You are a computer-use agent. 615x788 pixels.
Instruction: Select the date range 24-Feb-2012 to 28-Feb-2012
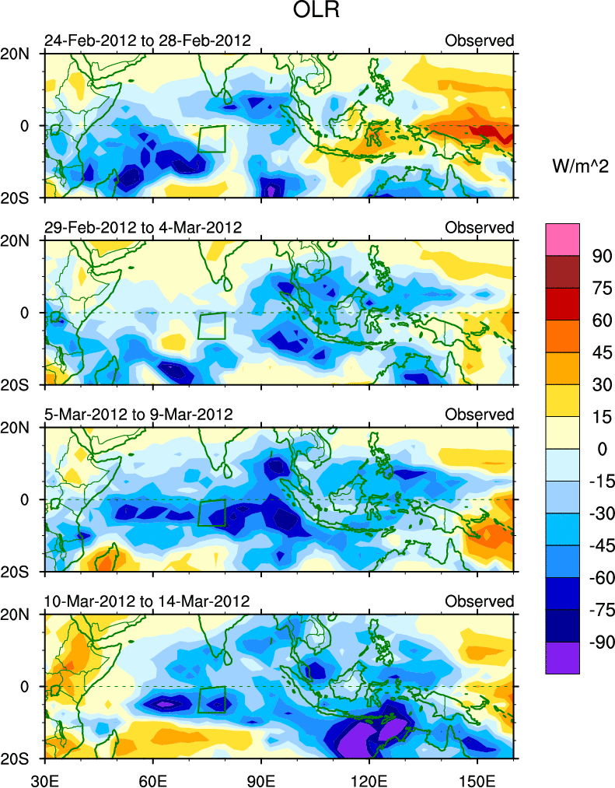pyautogui.click(x=148, y=40)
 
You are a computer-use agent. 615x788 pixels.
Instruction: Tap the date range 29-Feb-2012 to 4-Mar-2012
pyautogui.click(x=143, y=227)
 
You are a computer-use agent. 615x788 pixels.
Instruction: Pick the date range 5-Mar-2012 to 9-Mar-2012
pyautogui.click(x=138, y=414)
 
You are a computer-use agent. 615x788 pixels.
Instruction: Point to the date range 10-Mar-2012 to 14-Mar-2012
pyautogui.click(x=147, y=601)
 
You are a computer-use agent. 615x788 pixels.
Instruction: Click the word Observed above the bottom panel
pyautogui.click(x=479, y=601)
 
